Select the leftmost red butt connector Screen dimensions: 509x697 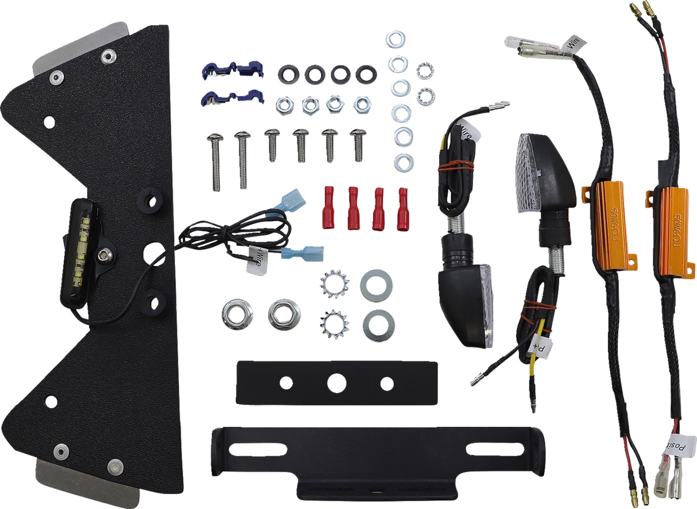pyautogui.click(x=328, y=207)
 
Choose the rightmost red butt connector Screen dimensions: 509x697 pyautogui.click(x=403, y=208)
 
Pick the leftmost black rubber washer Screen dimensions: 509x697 pyautogui.click(x=288, y=74)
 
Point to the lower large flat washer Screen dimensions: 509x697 pyautogui.click(x=378, y=325)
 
